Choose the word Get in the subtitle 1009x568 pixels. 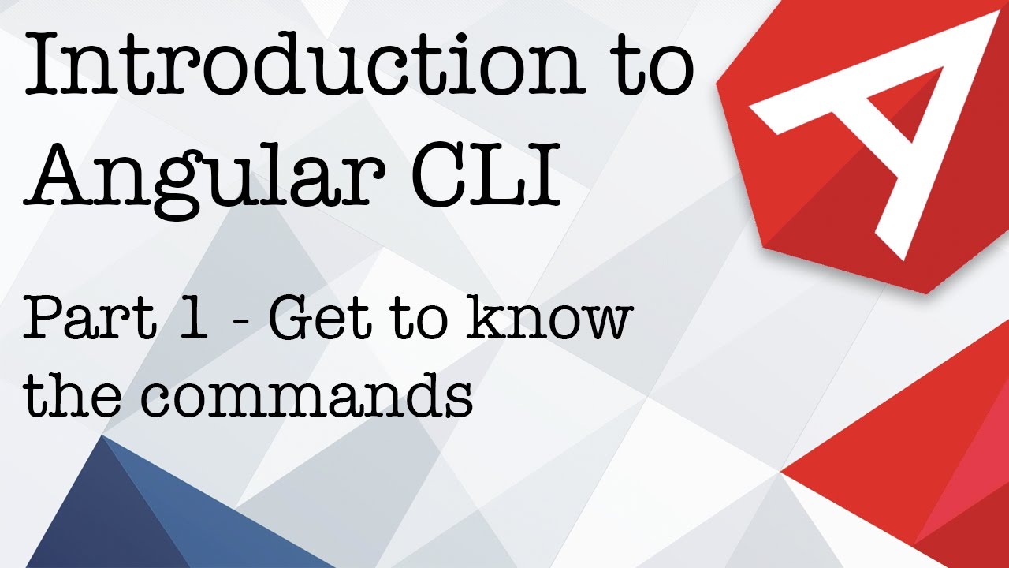tap(316, 319)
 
